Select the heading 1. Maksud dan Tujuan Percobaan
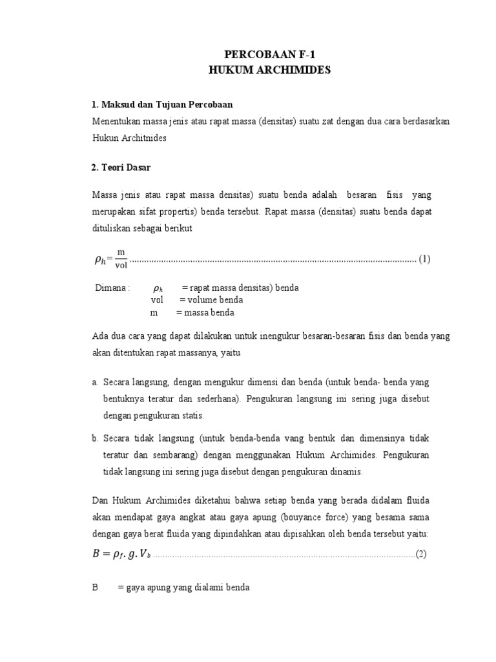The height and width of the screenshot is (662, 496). [x=161, y=105]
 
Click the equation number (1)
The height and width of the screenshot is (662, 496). [x=424, y=259]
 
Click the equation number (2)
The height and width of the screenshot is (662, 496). [x=421, y=553]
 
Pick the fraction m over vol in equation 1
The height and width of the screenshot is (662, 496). [x=121, y=259]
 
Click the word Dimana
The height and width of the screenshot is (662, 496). [x=112, y=288]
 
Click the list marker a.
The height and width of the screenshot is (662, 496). [x=95, y=383]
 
